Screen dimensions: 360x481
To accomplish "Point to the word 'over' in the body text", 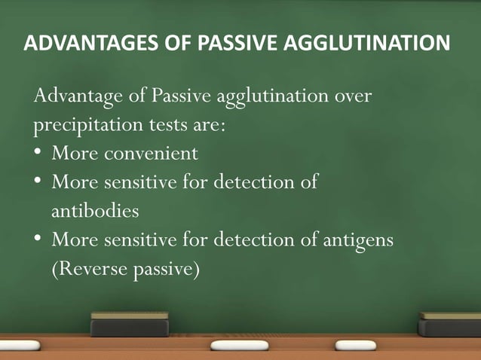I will point(353,97).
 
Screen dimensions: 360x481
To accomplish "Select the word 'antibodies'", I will point(95,211).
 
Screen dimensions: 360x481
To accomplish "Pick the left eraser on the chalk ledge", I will point(130,324).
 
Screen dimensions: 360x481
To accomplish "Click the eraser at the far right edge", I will point(450,324).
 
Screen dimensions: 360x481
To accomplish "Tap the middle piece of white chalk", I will point(239,345).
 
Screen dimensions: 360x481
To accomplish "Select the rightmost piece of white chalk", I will point(355,345).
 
